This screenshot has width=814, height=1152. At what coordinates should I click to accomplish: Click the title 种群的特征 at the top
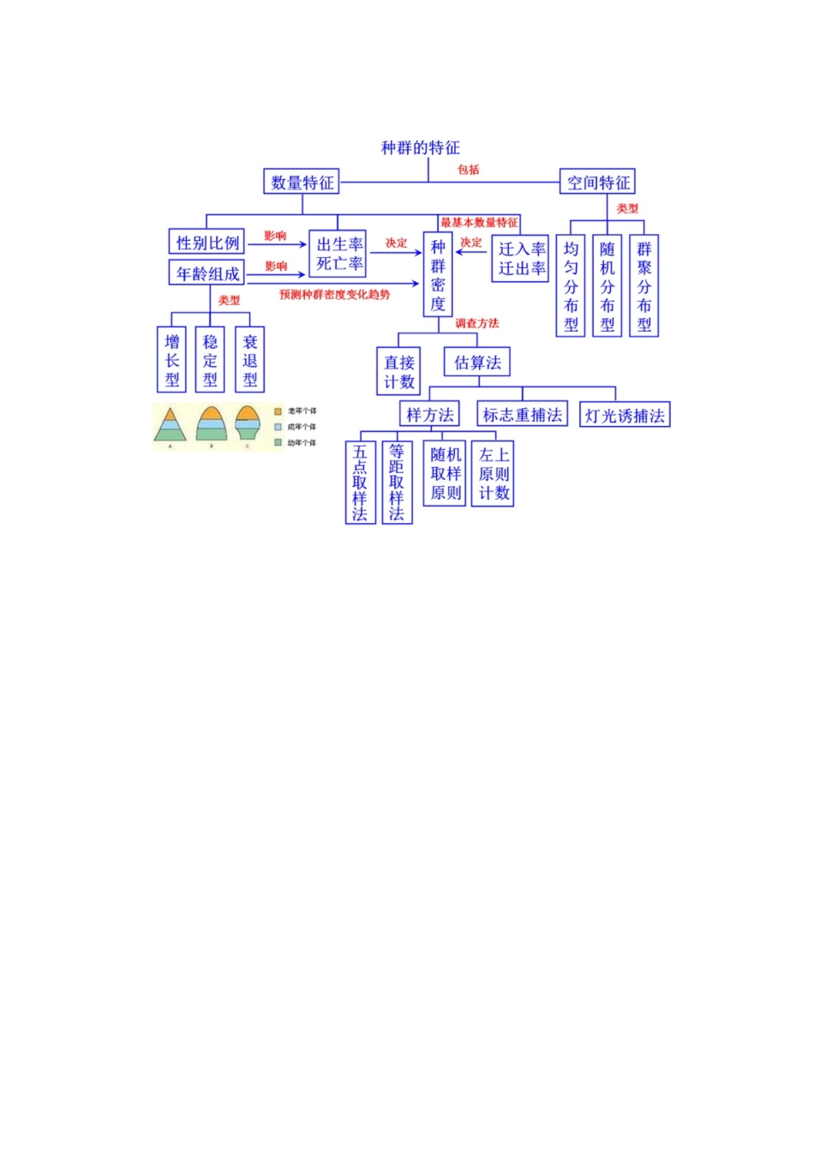pyautogui.click(x=420, y=148)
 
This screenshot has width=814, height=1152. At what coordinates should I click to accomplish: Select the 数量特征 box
pyautogui.click(x=302, y=183)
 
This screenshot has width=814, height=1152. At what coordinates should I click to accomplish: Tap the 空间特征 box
pyautogui.click(x=598, y=183)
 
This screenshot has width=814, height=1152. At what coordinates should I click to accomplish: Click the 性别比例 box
pyautogui.click(x=207, y=243)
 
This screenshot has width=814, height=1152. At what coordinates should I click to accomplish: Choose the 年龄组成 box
pyautogui.click(x=207, y=273)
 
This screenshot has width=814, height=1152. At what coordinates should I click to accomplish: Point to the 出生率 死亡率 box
pyautogui.click(x=339, y=255)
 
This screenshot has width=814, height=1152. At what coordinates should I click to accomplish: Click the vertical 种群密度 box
pyautogui.click(x=438, y=275)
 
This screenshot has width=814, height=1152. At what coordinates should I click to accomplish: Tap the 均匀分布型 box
pyautogui.click(x=571, y=286)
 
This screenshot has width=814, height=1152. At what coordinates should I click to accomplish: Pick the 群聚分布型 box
pyautogui.click(x=644, y=286)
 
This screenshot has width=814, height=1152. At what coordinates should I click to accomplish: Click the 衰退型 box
pyautogui.click(x=249, y=360)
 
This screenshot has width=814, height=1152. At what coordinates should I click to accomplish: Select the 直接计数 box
pyautogui.click(x=398, y=372)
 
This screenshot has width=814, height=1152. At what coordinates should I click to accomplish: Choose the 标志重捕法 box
pyautogui.click(x=522, y=415)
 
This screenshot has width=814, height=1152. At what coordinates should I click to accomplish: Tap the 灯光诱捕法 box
pyautogui.click(x=624, y=416)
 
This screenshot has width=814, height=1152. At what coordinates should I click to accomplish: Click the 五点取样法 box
pyautogui.click(x=360, y=483)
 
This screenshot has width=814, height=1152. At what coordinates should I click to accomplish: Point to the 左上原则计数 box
pyautogui.click(x=494, y=474)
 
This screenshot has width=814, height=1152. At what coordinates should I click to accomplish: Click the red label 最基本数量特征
pyautogui.click(x=479, y=223)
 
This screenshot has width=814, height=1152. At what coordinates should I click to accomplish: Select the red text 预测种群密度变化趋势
pyautogui.click(x=334, y=295)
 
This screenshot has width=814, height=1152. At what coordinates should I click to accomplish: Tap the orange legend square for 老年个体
pyautogui.click(x=278, y=411)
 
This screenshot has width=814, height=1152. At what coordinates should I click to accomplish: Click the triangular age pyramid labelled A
pyautogui.click(x=170, y=425)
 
